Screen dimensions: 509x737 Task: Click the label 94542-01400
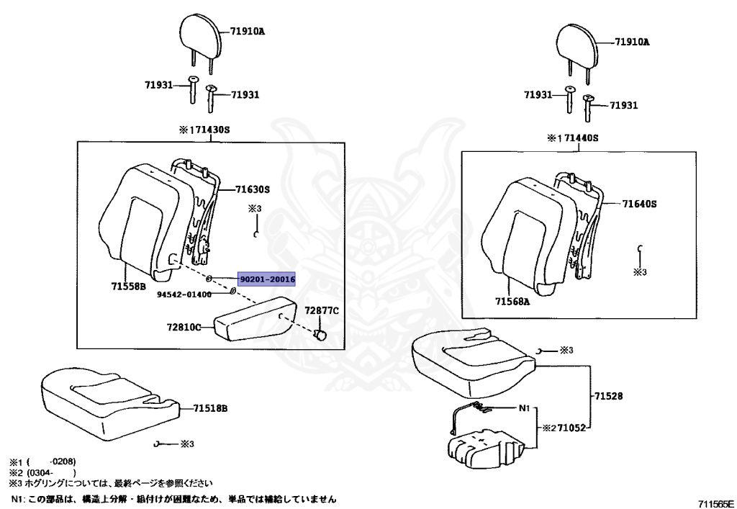[x=185, y=294]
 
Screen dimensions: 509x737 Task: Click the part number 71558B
[x=129, y=287]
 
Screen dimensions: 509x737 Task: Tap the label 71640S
[x=640, y=204]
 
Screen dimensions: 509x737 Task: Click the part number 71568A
[x=512, y=302]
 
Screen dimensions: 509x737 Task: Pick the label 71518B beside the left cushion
[x=210, y=408]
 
